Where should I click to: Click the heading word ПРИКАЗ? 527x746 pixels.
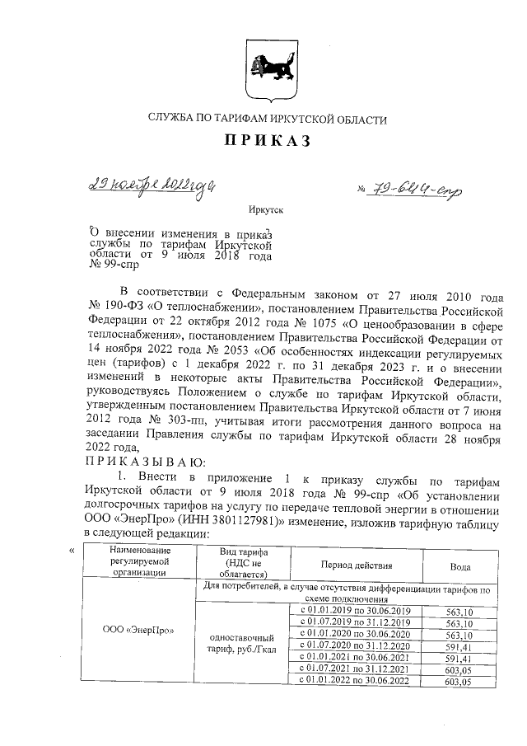(266, 143)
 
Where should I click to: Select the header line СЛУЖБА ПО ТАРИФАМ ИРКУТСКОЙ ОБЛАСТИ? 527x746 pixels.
(266, 120)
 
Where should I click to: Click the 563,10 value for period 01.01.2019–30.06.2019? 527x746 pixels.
(459, 611)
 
